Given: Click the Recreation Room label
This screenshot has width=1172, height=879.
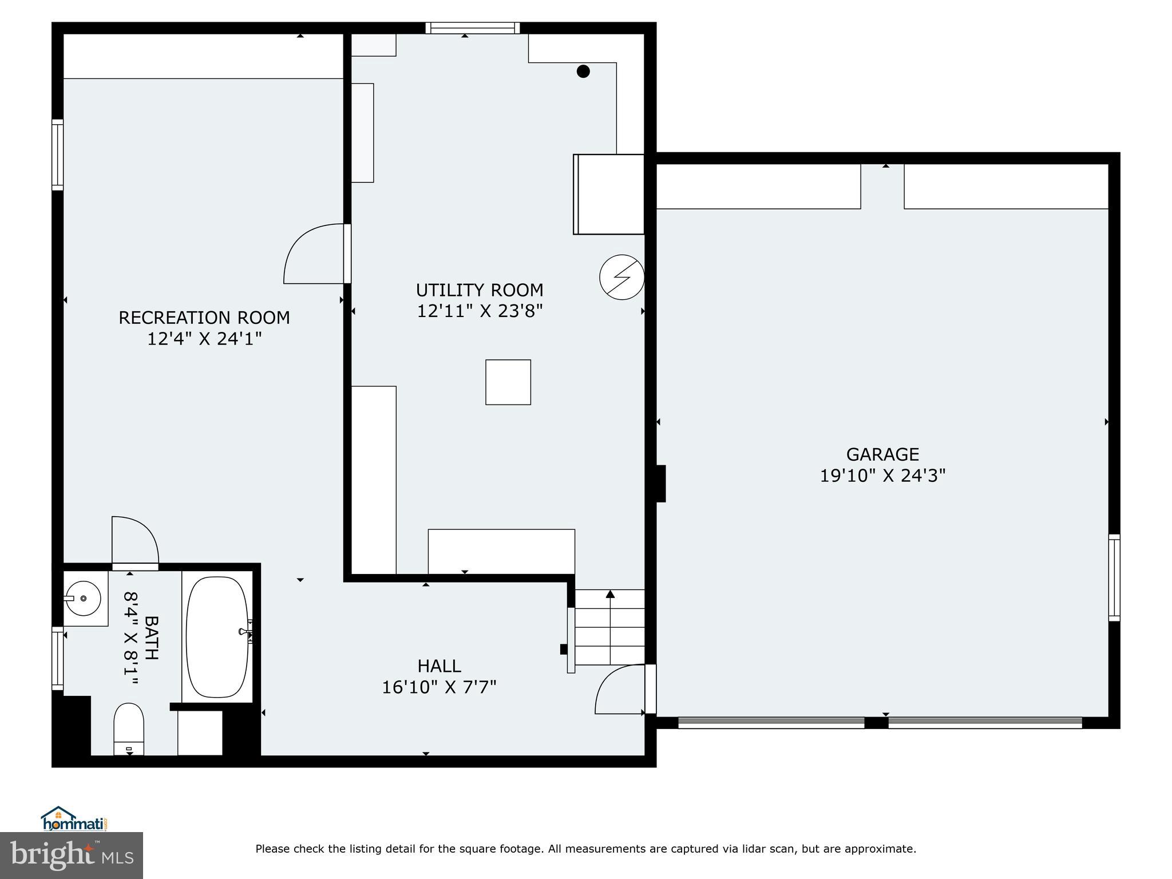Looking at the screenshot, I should coord(204,318).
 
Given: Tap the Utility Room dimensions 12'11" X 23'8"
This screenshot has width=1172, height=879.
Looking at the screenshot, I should coord(480,311).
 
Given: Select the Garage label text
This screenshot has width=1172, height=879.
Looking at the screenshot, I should coord(882,454).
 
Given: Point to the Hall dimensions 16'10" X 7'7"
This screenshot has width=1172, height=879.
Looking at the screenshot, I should coord(439,687).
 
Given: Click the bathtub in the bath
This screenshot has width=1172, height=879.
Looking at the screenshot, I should coord(217,636).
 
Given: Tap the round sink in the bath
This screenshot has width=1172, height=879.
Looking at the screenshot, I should coord(84,599).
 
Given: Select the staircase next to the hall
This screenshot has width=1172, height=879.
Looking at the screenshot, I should coord(609,627).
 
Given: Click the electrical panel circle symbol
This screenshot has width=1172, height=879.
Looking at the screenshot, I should coord(621,278).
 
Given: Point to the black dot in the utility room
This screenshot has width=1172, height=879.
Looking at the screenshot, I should coord(583,72).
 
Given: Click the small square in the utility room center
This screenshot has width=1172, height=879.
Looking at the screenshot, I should coord(508,382).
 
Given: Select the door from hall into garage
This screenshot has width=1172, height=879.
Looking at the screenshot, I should coord(621,690).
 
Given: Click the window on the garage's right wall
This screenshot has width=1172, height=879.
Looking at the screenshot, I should coord(1114,577).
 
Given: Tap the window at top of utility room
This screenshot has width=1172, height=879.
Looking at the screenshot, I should coord(473,28).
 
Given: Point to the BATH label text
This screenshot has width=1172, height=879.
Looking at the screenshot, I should coord(151,638).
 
